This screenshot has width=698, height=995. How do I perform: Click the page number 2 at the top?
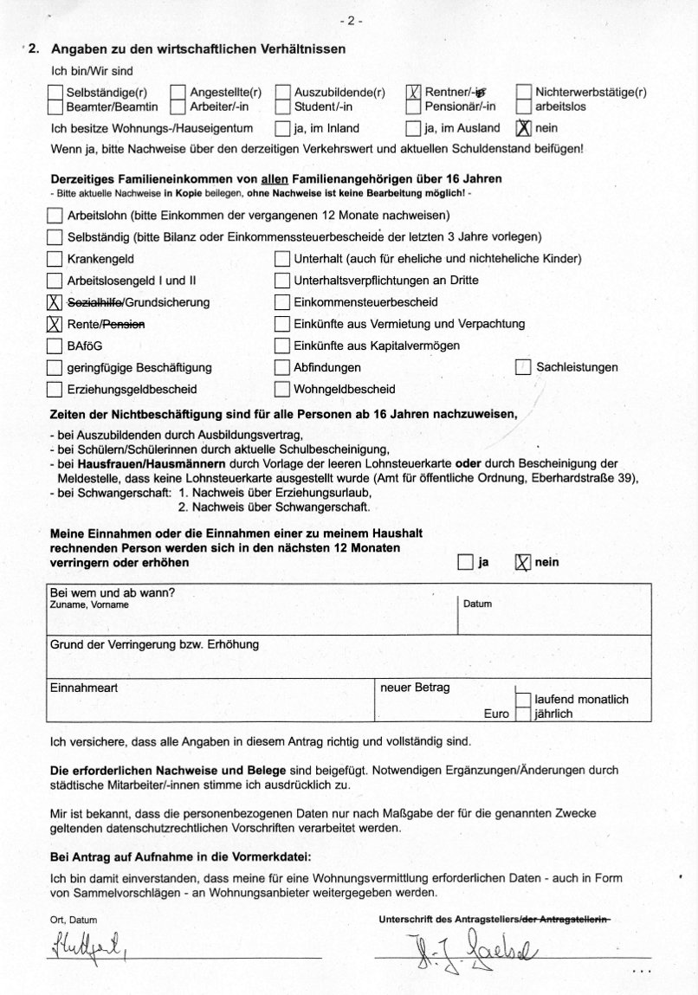tap(350, 20)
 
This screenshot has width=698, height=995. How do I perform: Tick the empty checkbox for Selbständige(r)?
tap(55, 93)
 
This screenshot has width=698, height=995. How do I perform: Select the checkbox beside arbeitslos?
tap(524, 107)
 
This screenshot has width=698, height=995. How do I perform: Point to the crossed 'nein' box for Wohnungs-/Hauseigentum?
tap(523, 128)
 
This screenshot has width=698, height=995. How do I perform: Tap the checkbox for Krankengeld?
tap(55, 259)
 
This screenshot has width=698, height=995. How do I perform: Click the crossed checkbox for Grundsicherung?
tap(55, 302)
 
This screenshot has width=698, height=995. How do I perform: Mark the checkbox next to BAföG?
tap(55, 346)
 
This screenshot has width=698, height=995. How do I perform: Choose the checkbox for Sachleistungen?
tap(523, 367)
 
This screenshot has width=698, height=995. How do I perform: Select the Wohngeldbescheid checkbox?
tap(281, 389)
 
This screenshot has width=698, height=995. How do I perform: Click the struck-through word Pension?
tap(124, 324)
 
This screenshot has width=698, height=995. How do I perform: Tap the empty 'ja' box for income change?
tap(465, 562)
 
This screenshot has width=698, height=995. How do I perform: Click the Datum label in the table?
tap(477, 604)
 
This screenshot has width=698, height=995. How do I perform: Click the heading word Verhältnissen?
tap(298, 49)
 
